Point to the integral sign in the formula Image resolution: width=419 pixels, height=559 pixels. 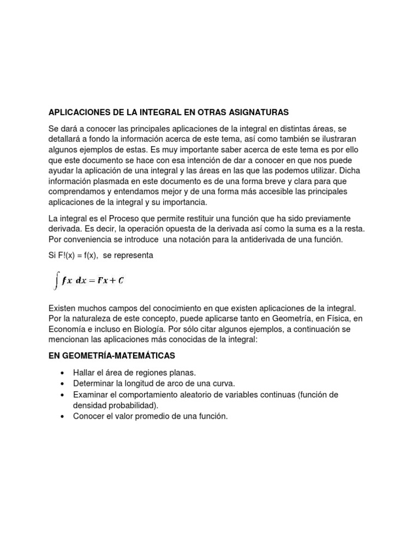coord(56,281)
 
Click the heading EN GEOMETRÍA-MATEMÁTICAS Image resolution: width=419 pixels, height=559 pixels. coord(112,355)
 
